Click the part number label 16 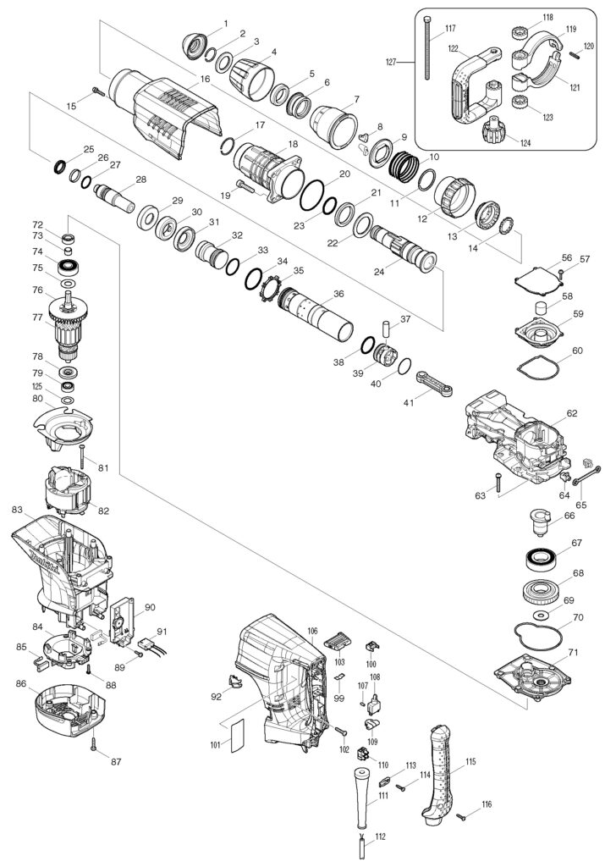tap(205, 79)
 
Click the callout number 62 tap(571, 413)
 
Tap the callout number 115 tap(470, 761)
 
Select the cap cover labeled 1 tap(199, 43)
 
